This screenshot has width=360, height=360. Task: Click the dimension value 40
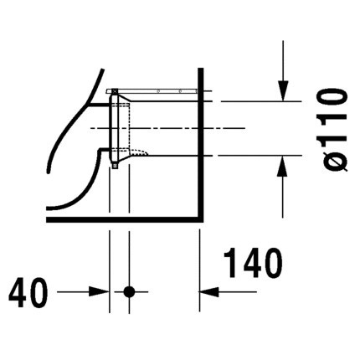(28, 292)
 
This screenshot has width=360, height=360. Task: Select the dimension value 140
(253, 263)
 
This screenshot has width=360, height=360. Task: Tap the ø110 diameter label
(334, 130)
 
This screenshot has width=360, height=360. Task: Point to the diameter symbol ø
(334, 162)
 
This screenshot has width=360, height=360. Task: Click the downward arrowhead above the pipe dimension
(283, 90)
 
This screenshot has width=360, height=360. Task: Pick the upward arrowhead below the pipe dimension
(283, 166)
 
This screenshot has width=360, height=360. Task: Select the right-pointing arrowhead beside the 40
(99, 291)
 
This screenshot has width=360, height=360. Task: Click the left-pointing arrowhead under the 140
(208, 291)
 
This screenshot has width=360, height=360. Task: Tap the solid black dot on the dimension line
(129, 292)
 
